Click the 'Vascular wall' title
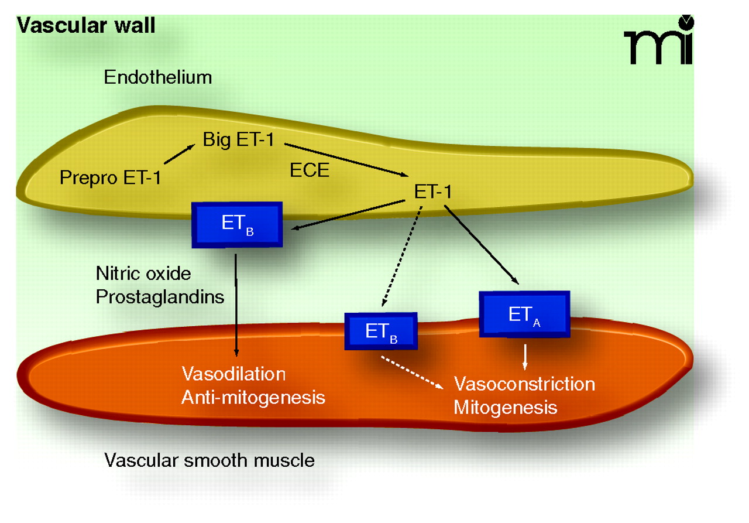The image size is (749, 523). pyautogui.click(x=87, y=25)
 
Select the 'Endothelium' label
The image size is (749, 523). pyautogui.click(x=158, y=77)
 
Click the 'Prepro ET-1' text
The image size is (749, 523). pyautogui.click(x=110, y=176)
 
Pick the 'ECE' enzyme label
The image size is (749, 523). pyautogui.click(x=310, y=170)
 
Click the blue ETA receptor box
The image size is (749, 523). pyautogui.click(x=524, y=315)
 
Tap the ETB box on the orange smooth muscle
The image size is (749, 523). pyautogui.click(x=381, y=331)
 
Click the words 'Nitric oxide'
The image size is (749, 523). pyautogui.click(x=143, y=273)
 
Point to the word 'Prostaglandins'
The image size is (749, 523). pyautogui.click(x=160, y=297)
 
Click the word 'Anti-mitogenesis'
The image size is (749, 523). pyautogui.click(x=253, y=398)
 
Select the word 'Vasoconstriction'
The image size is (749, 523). pyautogui.click(x=524, y=384)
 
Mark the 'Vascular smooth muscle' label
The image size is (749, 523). pyautogui.click(x=209, y=460)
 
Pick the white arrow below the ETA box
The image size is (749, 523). pyautogui.click(x=525, y=357)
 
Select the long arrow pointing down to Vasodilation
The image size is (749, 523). pyautogui.click(x=236, y=305)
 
